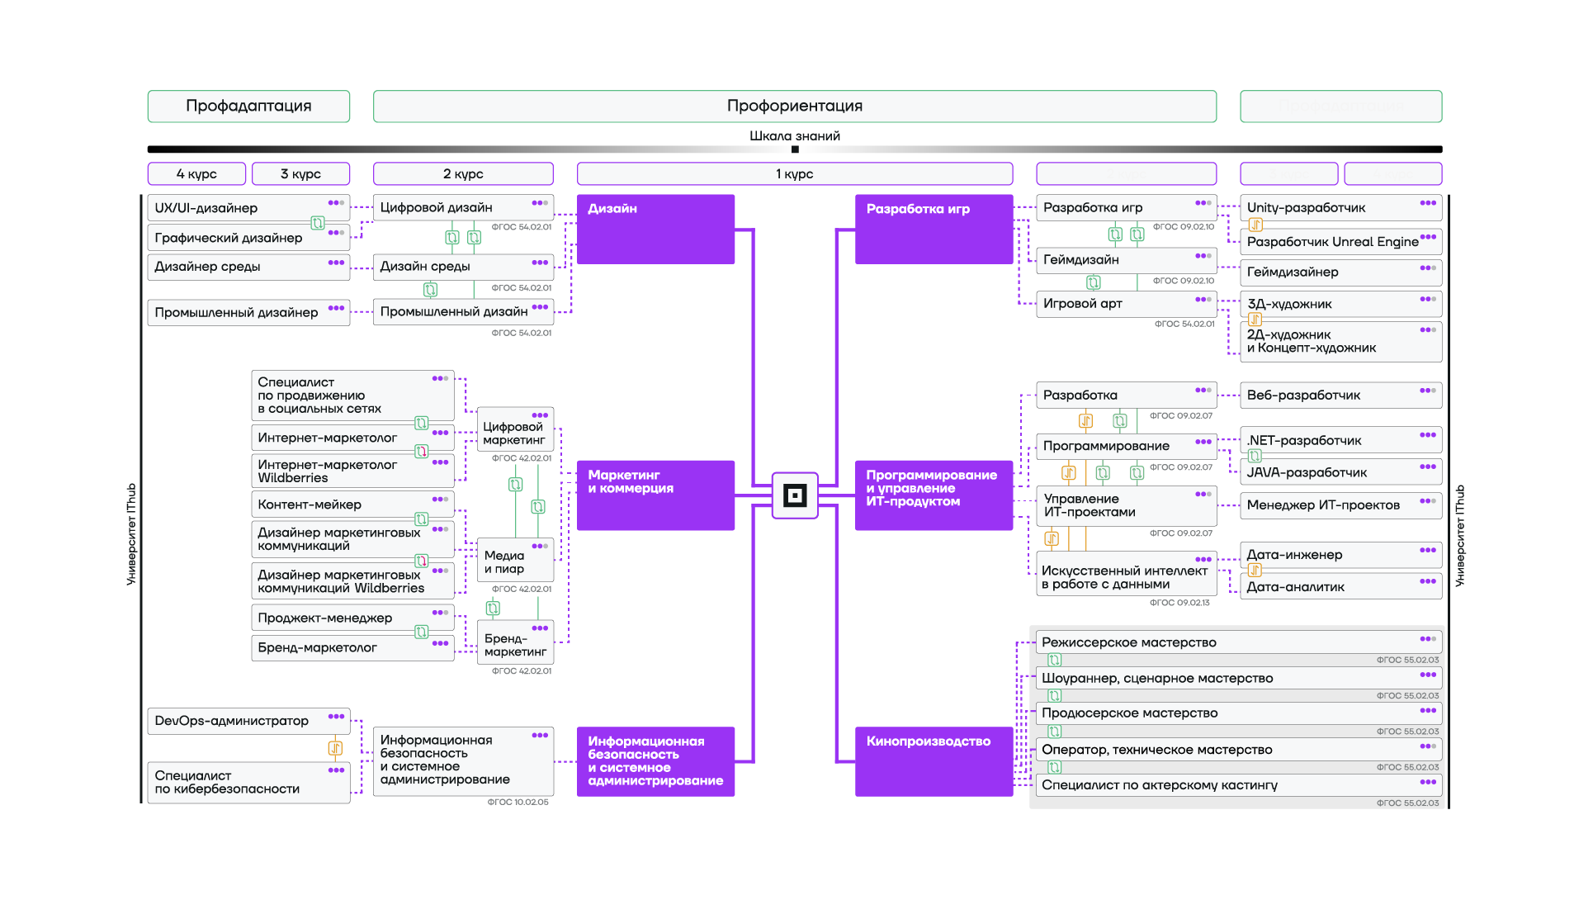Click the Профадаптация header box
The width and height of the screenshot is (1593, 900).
pyautogui.click(x=248, y=107)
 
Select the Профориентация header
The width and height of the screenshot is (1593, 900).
pyautogui.click(x=794, y=107)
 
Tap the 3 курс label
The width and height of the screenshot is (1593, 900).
pyautogui.click(x=300, y=174)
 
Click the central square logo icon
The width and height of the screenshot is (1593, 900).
pyautogui.click(x=794, y=495)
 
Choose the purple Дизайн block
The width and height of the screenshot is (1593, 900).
pyautogui.click(x=655, y=229)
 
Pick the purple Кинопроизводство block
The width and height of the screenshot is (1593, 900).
pyautogui.click(x=934, y=760)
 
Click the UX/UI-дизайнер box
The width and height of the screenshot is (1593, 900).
pyautogui.click(x=248, y=208)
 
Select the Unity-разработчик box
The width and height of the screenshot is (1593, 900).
pyautogui.click(x=1340, y=208)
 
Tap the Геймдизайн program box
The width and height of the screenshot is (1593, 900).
pyautogui.click(x=1124, y=260)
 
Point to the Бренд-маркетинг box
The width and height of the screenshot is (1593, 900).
pyautogui.click(x=515, y=645)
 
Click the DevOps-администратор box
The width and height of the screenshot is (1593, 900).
pyautogui.click(x=248, y=721)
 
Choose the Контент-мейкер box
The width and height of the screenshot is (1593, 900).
pyautogui.click(x=352, y=504)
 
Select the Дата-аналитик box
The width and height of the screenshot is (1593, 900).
pyautogui.click(x=1340, y=587)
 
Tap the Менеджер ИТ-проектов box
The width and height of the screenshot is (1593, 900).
pyautogui.click(x=1340, y=505)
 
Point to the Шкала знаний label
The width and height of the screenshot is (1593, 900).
pyautogui.click(x=794, y=136)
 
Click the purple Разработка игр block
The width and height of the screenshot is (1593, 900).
pyautogui.click(x=934, y=229)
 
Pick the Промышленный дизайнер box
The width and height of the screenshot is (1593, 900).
pyautogui.click(x=248, y=312)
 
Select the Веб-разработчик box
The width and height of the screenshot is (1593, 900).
pyautogui.click(x=1340, y=396)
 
